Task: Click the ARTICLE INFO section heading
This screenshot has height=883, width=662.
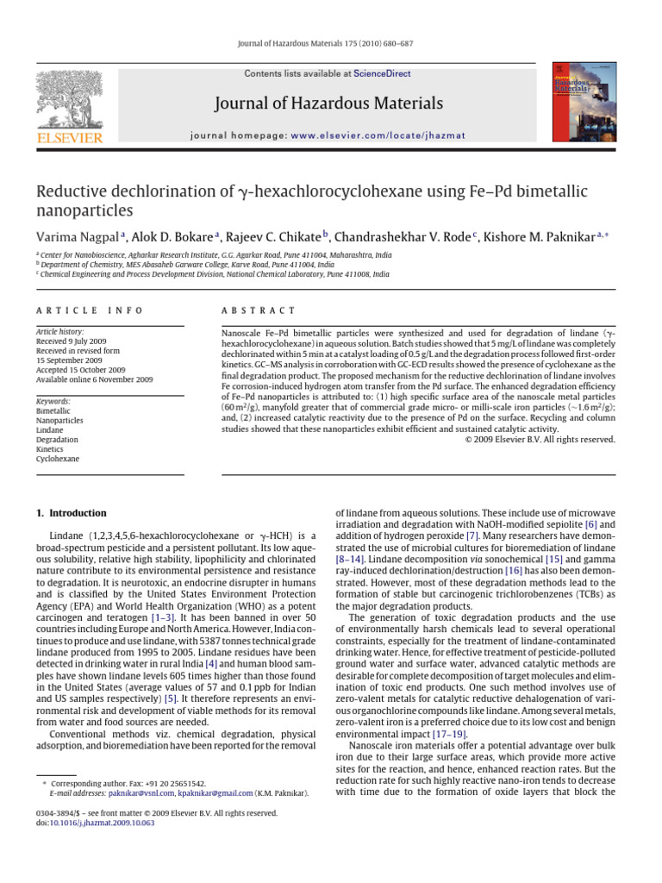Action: (90, 310)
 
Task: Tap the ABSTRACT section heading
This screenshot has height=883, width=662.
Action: (259, 310)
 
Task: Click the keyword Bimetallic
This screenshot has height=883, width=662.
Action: (53, 411)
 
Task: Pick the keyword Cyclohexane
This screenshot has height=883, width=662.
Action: (57, 459)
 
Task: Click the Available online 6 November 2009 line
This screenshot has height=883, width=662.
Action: (94, 379)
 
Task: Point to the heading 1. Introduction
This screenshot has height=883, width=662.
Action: (72, 513)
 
